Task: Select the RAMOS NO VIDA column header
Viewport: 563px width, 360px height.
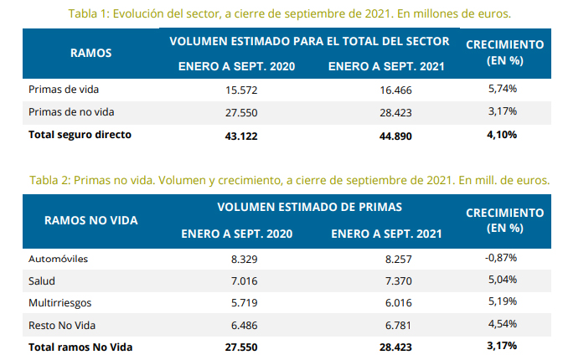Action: [91, 220]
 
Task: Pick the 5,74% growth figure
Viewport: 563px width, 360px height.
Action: [502, 88]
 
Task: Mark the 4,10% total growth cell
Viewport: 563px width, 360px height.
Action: [502, 133]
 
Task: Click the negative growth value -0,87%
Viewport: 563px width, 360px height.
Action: [501, 258]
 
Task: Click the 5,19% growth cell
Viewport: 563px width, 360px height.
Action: [502, 301]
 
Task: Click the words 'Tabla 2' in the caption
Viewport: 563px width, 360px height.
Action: [49, 180]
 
